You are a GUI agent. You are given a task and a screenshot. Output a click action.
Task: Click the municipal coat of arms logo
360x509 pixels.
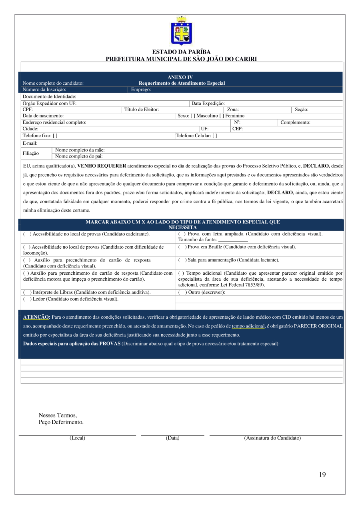click(182, 31)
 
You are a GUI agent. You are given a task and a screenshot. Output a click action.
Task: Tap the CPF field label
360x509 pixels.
click(28, 110)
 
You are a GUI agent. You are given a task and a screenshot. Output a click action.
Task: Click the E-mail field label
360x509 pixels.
click(30, 143)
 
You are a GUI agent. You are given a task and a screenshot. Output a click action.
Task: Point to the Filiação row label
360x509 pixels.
click(31, 153)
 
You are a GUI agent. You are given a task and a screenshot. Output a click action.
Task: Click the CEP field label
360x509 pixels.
click(238, 129)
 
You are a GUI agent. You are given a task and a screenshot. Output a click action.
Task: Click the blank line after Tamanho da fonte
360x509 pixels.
click(233, 240)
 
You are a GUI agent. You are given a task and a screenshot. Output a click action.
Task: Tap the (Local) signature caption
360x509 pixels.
click(77, 438)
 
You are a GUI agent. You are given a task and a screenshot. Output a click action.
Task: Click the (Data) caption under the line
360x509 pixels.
click(172, 438)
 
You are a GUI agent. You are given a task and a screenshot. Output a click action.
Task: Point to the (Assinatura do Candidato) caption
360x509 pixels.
click(272, 438)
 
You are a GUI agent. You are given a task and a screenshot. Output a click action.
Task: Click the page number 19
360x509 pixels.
click(322, 475)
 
